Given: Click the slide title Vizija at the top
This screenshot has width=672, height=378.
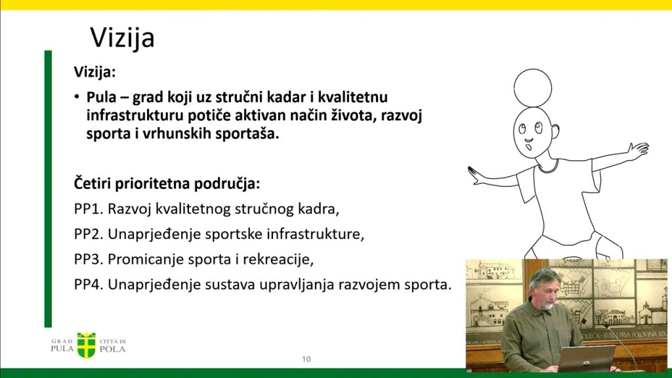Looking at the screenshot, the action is click(x=122, y=37).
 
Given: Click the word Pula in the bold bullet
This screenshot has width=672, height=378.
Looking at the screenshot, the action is click(x=102, y=98).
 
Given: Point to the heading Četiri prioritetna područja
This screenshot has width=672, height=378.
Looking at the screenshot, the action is click(x=167, y=184).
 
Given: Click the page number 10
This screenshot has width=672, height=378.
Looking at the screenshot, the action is click(x=306, y=359).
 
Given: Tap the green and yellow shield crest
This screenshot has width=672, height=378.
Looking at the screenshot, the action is click(x=86, y=345).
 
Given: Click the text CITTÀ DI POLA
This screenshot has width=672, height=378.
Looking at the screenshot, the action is click(x=113, y=345).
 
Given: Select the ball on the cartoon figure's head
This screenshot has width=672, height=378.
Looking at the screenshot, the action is click(x=533, y=88).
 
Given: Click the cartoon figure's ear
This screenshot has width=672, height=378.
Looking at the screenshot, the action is click(x=555, y=131).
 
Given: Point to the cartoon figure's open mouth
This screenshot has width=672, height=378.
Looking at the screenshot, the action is click(x=529, y=148).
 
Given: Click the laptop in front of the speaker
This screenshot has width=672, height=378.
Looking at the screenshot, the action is click(x=586, y=358).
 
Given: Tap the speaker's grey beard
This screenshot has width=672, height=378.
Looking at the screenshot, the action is click(x=547, y=306).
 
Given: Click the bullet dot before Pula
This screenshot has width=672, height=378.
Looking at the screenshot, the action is click(x=77, y=97).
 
